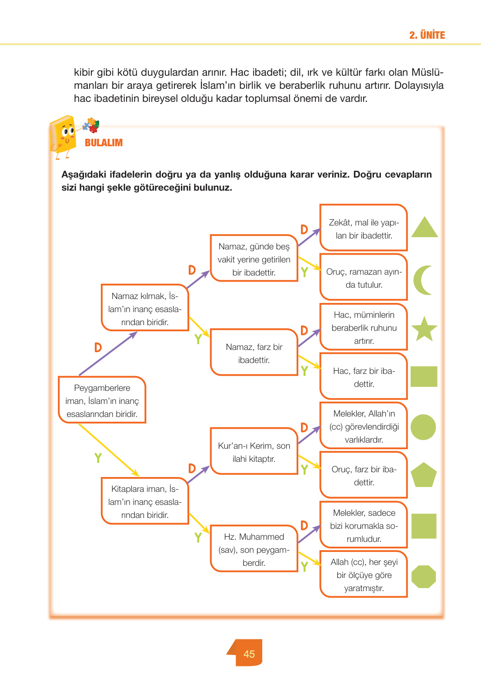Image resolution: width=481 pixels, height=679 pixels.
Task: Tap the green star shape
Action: tap(424, 329)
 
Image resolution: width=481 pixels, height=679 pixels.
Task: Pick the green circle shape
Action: tap(423, 427)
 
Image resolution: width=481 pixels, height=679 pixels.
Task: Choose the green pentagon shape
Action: tap(424, 475)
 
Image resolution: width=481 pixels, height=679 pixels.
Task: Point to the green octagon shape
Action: tap(423, 577)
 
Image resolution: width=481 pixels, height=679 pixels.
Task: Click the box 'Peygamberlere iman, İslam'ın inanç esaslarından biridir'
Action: tap(102, 400)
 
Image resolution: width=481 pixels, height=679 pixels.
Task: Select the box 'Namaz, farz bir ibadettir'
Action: tap(254, 353)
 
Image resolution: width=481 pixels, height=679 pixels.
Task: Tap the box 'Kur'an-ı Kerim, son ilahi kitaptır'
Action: tap(254, 452)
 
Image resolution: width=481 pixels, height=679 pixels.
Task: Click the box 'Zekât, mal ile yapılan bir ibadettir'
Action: tap(364, 229)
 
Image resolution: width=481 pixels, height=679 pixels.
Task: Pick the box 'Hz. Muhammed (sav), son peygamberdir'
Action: tap(254, 549)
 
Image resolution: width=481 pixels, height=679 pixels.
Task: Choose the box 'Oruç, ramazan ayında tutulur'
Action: tap(364, 278)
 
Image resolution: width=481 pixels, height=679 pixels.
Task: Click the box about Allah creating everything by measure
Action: tap(364, 575)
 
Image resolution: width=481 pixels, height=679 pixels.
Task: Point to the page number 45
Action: tap(249, 654)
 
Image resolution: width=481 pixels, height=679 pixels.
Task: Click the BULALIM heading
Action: tap(104, 143)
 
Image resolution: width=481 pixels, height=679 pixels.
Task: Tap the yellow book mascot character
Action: tap(63, 135)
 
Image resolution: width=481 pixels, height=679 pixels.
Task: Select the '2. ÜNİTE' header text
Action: tap(427, 35)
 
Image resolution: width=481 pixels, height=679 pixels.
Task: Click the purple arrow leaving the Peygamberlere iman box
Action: tap(108, 353)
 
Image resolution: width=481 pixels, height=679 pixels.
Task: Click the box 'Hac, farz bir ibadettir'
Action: tap(364, 377)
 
